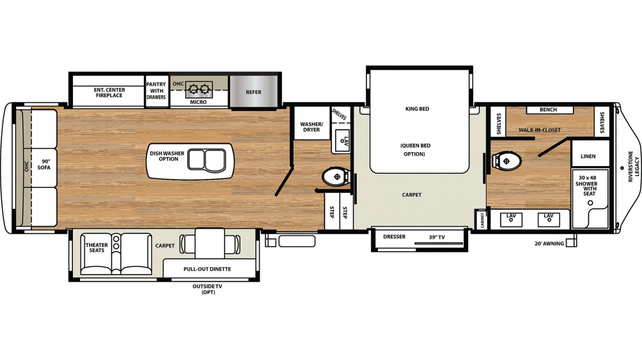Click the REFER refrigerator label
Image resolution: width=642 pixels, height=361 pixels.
(253, 92)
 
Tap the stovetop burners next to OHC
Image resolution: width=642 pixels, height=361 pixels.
(199, 88)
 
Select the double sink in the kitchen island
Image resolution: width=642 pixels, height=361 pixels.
(207, 160)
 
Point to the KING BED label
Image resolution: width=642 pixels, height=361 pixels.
(417, 109)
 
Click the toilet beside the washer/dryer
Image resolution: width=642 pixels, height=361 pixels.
(335, 177)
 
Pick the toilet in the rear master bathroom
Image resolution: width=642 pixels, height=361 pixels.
(506, 161)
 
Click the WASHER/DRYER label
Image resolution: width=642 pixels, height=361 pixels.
(311, 127)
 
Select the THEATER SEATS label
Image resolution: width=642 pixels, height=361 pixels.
(97, 248)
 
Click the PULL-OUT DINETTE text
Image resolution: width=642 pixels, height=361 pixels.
(207, 269)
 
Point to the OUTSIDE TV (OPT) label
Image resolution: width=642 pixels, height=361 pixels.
(208, 289)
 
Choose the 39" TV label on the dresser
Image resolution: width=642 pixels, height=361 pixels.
(437, 237)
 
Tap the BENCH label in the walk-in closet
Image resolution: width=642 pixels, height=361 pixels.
(548, 110)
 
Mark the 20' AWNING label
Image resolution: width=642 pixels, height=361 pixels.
(549, 243)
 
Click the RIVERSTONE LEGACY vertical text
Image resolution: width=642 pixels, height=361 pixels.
(634, 167)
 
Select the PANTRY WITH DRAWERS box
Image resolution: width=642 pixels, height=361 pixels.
(157, 91)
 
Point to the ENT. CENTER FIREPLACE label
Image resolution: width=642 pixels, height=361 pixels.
(109, 93)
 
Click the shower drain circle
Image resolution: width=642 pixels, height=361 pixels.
(590, 203)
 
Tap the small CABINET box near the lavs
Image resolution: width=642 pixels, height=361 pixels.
(482, 219)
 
